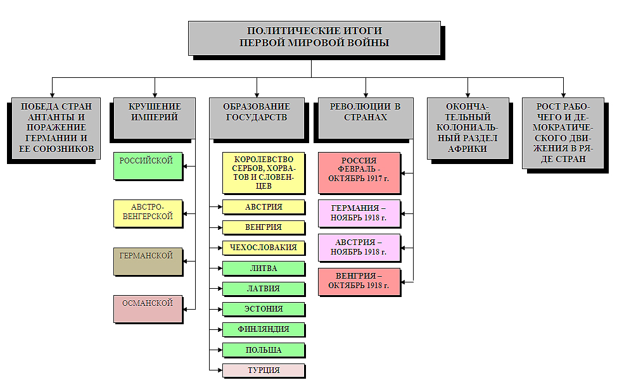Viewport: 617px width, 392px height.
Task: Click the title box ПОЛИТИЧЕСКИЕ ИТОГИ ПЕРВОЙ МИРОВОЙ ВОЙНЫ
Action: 314,37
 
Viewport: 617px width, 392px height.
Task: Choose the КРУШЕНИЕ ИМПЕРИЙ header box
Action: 154,117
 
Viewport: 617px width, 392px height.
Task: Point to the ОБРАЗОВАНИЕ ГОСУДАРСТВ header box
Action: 257,117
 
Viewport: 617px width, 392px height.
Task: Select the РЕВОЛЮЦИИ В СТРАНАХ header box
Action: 366,117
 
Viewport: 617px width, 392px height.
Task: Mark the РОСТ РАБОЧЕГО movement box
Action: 564,132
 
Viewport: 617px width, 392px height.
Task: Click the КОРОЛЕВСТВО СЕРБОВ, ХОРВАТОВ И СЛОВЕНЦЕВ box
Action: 263,172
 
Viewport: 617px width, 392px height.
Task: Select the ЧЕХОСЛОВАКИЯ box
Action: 263,248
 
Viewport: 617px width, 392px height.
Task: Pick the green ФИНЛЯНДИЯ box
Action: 263,329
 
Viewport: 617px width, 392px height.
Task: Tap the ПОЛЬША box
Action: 263,350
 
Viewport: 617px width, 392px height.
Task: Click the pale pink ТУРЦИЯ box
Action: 263,370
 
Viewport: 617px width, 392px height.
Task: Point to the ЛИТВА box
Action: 263,268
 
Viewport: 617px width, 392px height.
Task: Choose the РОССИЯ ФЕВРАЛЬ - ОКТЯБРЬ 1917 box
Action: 359,172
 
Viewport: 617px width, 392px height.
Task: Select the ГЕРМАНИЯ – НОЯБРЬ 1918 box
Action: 359,213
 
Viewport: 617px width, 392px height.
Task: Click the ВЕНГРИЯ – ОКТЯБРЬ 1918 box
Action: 359,281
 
